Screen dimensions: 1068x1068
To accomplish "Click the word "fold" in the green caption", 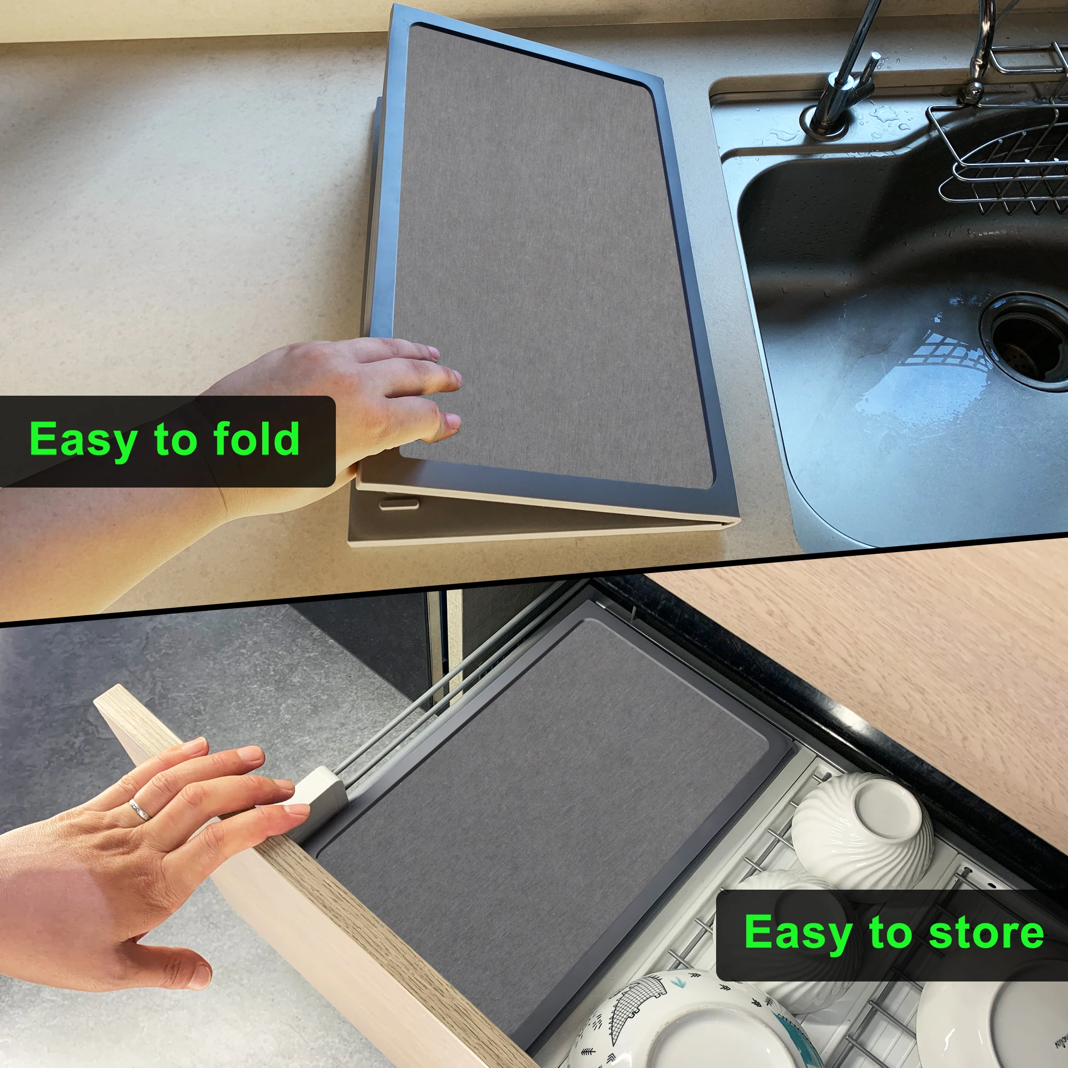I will tap(256, 439).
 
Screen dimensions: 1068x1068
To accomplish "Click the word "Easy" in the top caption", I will tap(83, 440).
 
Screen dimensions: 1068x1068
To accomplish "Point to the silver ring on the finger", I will tap(139, 810).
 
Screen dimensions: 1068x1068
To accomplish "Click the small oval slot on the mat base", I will tap(398, 504).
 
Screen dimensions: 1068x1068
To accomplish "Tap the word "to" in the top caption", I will tap(176, 440).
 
